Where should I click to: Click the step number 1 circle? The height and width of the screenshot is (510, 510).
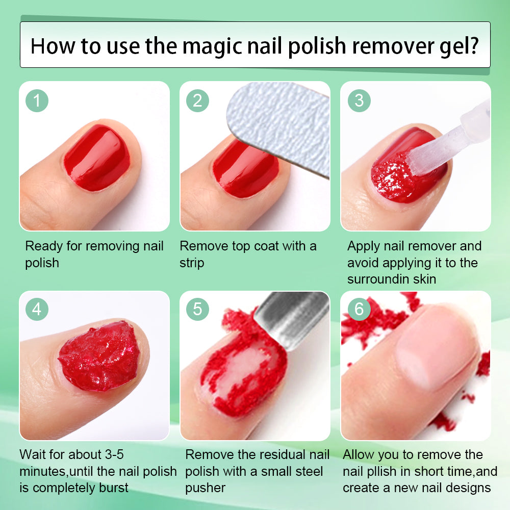pyautogui.click(x=37, y=100)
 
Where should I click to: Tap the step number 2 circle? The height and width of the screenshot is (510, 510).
pyautogui.click(x=197, y=100)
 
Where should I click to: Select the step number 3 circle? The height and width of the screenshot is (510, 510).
pyautogui.click(x=359, y=100)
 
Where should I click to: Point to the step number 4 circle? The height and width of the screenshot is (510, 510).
pyautogui.click(x=37, y=310)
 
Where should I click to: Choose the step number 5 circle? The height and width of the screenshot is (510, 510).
pyautogui.click(x=197, y=310)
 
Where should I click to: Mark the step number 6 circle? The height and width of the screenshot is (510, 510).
pyautogui.click(x=359, y=310)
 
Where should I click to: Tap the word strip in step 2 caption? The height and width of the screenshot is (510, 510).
pyautogui.click(x=192, y=263)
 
